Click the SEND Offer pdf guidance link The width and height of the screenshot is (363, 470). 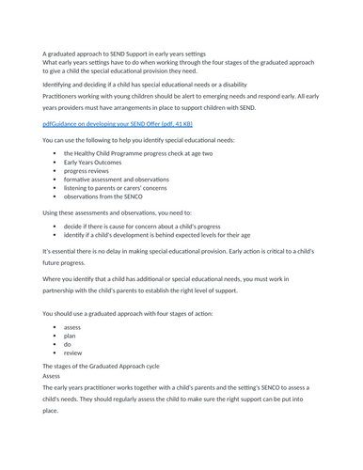click(112, 123)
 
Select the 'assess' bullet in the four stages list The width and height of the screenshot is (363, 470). click(72, 327)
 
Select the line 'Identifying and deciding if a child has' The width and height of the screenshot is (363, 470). click(150, 85)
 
